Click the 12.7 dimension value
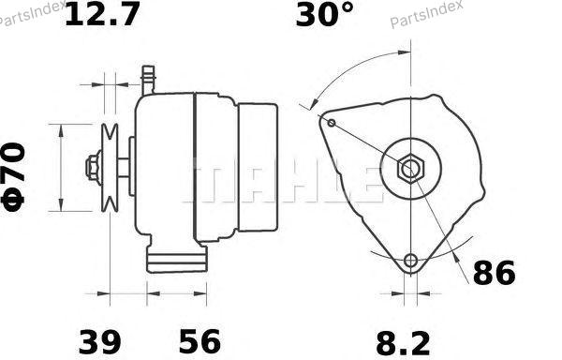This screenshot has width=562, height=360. (102, 14)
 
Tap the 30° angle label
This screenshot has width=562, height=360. (325, 14)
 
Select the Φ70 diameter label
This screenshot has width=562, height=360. (14, 176)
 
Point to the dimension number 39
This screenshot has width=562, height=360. (99, 341)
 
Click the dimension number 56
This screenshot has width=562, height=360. (200, 340)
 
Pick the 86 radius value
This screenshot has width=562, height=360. (495, 273)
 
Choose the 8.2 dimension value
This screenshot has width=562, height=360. (403, 343)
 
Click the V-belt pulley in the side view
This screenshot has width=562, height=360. (110, 168)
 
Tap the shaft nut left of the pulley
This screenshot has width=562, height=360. (93, 168)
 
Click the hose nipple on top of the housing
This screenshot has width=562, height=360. (148, 80)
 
